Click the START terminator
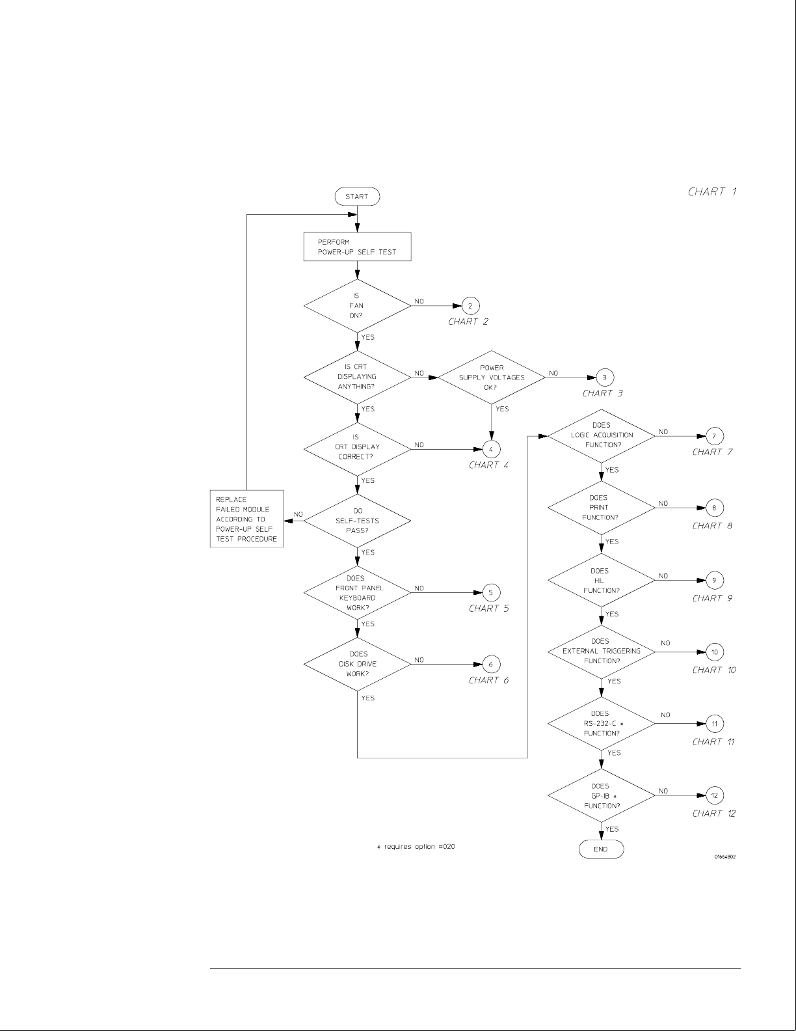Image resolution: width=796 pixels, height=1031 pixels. [356, 197]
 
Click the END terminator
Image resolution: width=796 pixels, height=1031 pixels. [600, 849]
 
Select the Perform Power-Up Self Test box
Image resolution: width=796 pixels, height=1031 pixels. [357, 247]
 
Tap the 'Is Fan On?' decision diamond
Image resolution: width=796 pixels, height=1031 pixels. [357, 305]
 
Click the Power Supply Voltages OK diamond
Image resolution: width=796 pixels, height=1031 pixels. [492, 377]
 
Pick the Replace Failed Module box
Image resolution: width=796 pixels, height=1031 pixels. [247, 519]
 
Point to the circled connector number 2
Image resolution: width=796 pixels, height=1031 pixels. [471, 305]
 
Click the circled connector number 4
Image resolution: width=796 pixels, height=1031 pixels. [491, 448]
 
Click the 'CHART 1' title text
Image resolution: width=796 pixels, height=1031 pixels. [712, 191]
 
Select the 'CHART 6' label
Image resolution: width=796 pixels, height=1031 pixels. [488, 680]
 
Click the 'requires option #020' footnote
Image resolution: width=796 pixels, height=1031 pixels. [416, 847]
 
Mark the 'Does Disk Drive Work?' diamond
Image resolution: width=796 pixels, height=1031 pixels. [357, 664]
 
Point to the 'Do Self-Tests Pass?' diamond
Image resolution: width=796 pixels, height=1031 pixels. [357, 521]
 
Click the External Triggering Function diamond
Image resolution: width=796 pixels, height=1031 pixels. [601, 651]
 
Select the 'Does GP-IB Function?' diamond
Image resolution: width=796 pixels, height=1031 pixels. [601, 795]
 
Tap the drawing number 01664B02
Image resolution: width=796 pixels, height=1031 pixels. [724, 857]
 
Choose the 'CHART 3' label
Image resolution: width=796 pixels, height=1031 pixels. [602, 393]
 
